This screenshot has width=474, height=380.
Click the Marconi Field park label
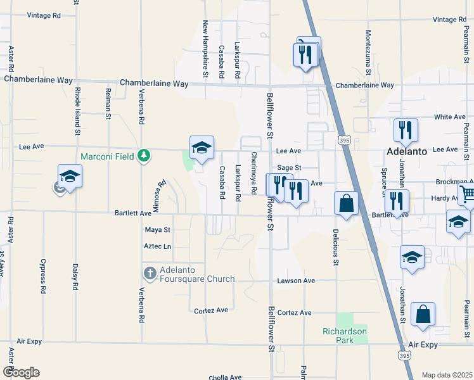106,156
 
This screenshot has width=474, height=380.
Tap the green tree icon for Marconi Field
144,156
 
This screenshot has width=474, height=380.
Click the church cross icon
150,274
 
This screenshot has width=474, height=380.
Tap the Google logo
21,372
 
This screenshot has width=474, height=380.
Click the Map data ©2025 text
446,375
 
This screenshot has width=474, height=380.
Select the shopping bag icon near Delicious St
347,204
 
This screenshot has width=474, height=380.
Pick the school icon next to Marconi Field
202,149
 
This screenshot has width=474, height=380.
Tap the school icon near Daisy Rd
70,177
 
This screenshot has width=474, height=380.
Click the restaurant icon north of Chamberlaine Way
305,54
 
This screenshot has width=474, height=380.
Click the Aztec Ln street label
158,246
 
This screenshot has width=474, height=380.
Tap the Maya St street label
158,229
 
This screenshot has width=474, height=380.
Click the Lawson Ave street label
295,281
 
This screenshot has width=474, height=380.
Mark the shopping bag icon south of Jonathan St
423,315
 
